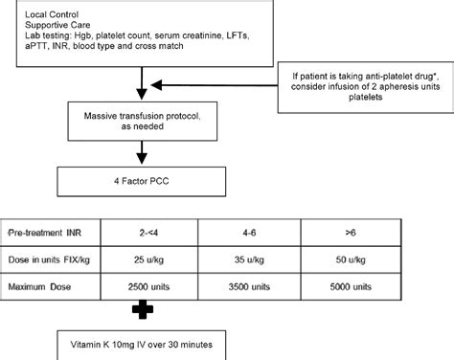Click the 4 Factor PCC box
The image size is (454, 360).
coord(143,178)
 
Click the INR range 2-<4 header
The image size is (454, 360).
coord(143,232)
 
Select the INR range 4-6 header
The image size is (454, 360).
coord(248,232)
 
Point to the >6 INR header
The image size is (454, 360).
coord(354,232)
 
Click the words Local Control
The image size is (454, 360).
coord(30,10)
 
